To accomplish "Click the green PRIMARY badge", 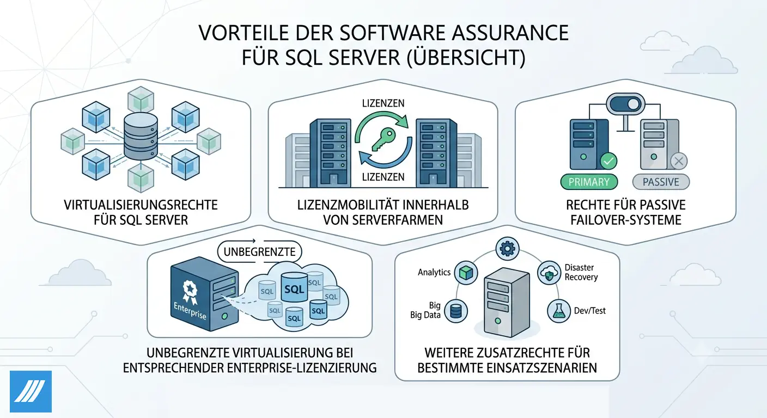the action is tap(589, 182).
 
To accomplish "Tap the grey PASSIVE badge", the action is tap(661, 182).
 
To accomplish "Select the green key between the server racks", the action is tap(383, 139).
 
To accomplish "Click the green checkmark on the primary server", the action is tap(608, 161).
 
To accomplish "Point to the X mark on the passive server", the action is tap(679, 161).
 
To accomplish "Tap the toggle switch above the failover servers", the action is tap(625, 104).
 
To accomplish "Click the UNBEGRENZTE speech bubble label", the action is tap(259, 252).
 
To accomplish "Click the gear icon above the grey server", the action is tap(507, 249).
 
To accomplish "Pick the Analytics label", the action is tap(434, 272).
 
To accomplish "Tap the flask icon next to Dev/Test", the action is tap(558, 311).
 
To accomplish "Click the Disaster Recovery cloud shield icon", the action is tap(549, 273).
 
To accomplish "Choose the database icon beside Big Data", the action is tap(456, 311).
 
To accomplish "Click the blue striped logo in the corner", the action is tap(31, 391).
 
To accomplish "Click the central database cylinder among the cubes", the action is tap(141, 136).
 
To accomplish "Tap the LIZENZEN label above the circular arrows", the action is tap(383, 103).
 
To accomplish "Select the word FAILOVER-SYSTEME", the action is tap(625, 220).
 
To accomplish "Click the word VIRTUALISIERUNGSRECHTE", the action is tap(141, 205).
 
